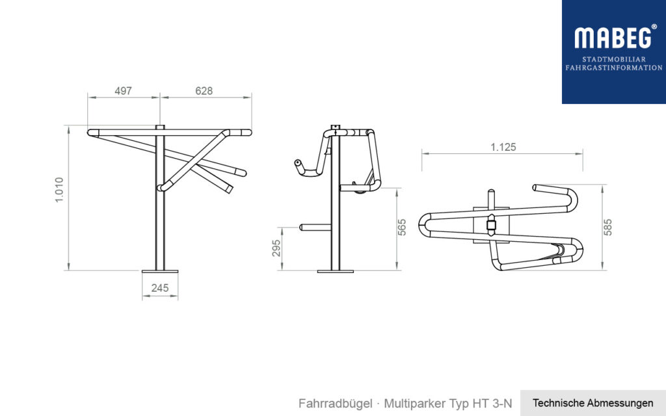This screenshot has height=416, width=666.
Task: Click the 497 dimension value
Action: tap(124, 91)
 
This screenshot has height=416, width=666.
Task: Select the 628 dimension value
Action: tap(204, 91)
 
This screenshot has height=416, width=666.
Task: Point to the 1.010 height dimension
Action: tap(59, 189)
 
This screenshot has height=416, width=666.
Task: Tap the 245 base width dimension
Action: tap(159, 287)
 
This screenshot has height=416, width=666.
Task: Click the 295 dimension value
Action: tap(276, 248)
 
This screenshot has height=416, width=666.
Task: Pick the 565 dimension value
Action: tap(402, 227)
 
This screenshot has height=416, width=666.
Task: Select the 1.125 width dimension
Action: tap(503, 148)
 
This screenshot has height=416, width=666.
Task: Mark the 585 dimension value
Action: tap(609, 225)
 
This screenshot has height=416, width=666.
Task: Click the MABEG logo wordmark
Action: tap(611, 38)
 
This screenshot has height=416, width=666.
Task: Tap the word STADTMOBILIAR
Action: tap(613, 59)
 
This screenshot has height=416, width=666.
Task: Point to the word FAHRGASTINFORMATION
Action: tap(613, 68)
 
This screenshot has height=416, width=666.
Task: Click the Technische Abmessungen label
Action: tap(593, 403)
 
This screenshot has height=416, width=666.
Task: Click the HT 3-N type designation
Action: tap(494, 404)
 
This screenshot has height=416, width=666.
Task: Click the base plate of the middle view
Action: tap(335, 270)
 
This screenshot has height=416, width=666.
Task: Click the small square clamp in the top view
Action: tap(491, 226)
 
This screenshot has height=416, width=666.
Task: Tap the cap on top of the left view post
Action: tap(159, 126)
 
